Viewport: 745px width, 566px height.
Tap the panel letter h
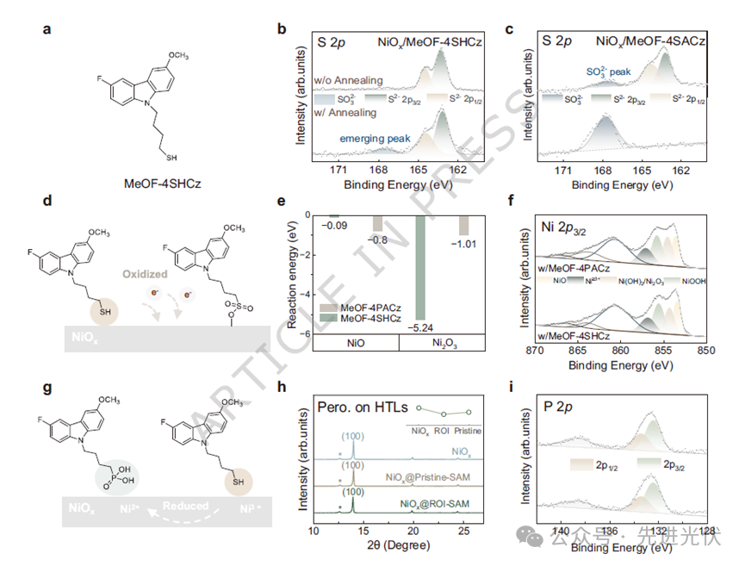[x=279, y=387]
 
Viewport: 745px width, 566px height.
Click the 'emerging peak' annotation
[x=370, y=138]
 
